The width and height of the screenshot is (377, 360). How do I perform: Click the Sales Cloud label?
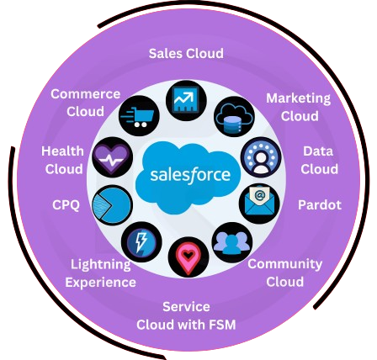point(186,53)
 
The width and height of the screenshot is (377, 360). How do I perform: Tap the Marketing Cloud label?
point(299,107)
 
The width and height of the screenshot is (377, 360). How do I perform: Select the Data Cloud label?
point(319,160)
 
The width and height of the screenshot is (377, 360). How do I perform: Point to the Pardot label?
point(320,204)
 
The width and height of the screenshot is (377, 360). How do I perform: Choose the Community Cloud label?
point(285,273)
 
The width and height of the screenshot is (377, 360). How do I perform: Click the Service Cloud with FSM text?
point(186,315)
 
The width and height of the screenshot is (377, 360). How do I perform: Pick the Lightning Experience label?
point(101,273)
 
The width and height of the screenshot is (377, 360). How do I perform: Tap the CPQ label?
point(66,204)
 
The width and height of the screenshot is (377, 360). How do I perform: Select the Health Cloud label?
point(63,160)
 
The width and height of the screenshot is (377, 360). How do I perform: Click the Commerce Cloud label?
point(86,103)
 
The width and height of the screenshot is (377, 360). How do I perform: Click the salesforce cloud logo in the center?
point(188,176)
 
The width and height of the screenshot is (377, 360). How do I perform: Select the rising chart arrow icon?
point(186,101)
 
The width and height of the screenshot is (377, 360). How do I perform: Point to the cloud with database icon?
point(234,117)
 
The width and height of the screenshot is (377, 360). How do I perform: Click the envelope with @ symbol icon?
point(259,204)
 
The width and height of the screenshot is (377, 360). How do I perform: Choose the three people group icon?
point(232,242)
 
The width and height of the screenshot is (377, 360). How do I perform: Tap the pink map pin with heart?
point(188,257)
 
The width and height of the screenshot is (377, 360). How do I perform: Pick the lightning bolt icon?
point(141,242)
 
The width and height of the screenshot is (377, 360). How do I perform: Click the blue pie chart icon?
point(112,205)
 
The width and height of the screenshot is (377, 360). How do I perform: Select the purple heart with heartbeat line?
point(112,157)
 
